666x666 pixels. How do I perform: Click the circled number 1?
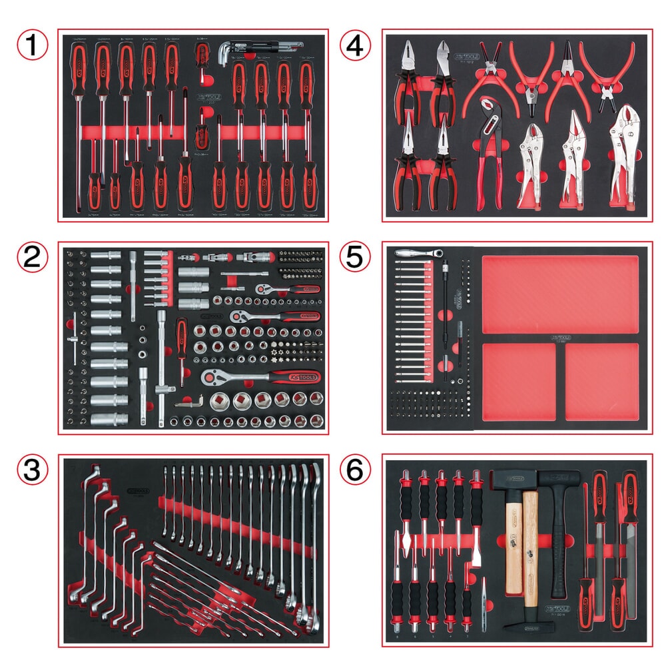pyautogui.click(x=31, y=46)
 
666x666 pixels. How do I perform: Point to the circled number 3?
pyautogui.click(x=31, y=472)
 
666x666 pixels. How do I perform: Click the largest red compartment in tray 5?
pyautogui.click(x=559, y=294)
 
